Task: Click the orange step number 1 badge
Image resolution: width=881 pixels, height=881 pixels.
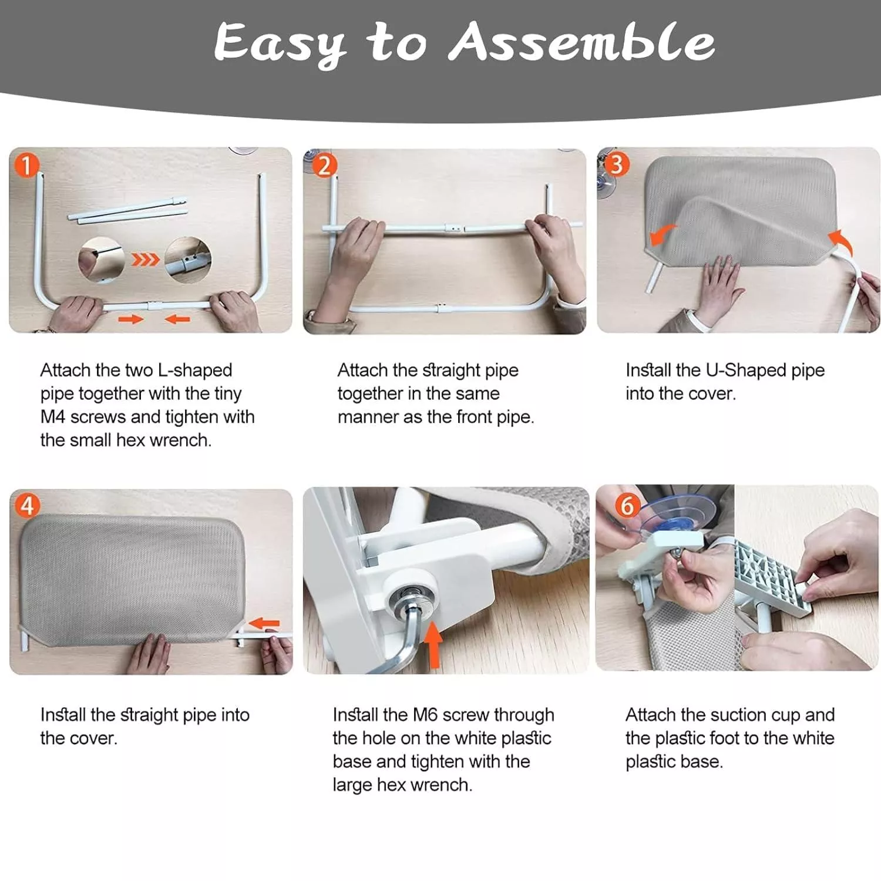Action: (x=26, y=165)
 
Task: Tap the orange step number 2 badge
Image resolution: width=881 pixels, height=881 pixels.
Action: (x=324, y=166)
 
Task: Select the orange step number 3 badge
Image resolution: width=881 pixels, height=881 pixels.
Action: (x=616, y=164)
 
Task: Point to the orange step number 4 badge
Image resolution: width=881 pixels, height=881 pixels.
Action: (x=27, y=505)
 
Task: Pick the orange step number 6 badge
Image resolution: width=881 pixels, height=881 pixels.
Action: (x=627, y=505)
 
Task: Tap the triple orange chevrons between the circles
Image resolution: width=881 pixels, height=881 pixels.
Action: (x=145, y=259)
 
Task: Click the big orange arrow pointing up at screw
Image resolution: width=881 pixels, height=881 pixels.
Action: (x=433, y=645)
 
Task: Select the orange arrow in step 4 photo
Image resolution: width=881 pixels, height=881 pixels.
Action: (x=264, y=623)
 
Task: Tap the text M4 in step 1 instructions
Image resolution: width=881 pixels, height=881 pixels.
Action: (x=53, y=417)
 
